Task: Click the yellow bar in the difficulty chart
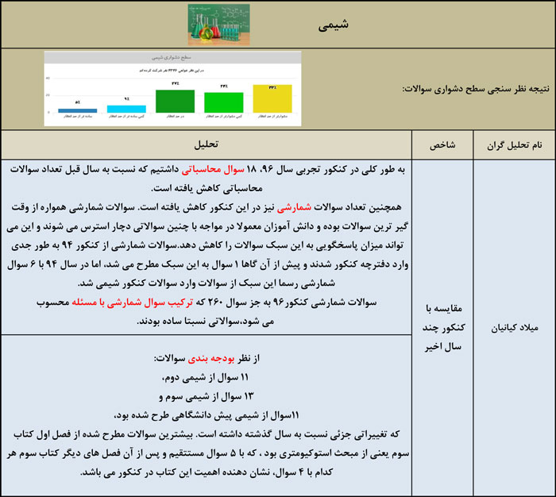pyautogui.click(x=272, y=99)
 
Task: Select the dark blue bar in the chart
pyautogui.click(x=77, y=110)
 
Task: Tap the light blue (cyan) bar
pyautogui.click(x=125, y=109)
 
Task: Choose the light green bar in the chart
pyautogui.click(x=224, y=102)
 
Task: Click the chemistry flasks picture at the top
pyautogui.click(x=214, y=24)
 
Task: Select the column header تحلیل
pyautogui.click(x=207, y=145)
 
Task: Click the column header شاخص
pyautogui.click(x=442, y=145)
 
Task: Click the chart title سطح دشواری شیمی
pyautogui.click(x=173, y=58)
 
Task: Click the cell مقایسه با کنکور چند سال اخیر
pyautogui.click(x=442, y=326)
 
